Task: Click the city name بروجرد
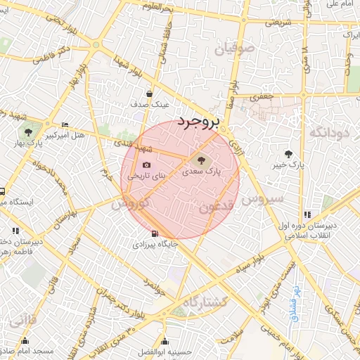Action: pos(199,121)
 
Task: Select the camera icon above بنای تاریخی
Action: pos(146,165)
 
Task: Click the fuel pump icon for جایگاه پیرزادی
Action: pos(154,234)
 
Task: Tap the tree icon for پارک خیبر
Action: pos(288,154)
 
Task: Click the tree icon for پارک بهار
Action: pos(27,131)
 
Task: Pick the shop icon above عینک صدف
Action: pos(149,94)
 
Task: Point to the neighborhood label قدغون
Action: pos(214,206)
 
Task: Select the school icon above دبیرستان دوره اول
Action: pos(307,214)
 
